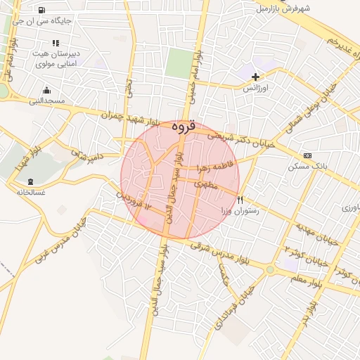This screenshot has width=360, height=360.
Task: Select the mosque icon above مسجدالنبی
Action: click(46, 90)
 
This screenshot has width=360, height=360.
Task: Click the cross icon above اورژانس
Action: click(255, 76)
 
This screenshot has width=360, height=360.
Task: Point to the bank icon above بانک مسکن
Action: click(307, 155)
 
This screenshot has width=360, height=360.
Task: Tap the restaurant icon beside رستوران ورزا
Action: click(240, 200)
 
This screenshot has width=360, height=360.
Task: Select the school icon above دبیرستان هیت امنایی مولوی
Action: click(56, 42)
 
